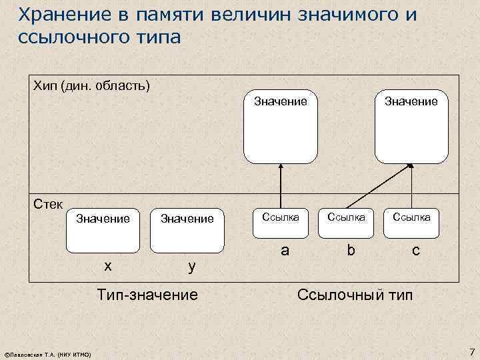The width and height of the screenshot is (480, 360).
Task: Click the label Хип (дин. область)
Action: pos(92,86)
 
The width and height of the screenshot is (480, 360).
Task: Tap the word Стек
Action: pos(47,203)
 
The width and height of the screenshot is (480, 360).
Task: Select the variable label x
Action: pos(107,265)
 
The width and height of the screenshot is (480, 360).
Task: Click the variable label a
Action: pos(285,250)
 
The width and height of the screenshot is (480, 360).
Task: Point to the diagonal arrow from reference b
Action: pos(377,183)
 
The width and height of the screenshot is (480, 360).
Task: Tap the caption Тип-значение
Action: pos(147,293)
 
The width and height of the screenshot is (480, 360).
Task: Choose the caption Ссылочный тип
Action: pos(355,293)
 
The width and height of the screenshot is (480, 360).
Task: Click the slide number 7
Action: pos(471,351)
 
